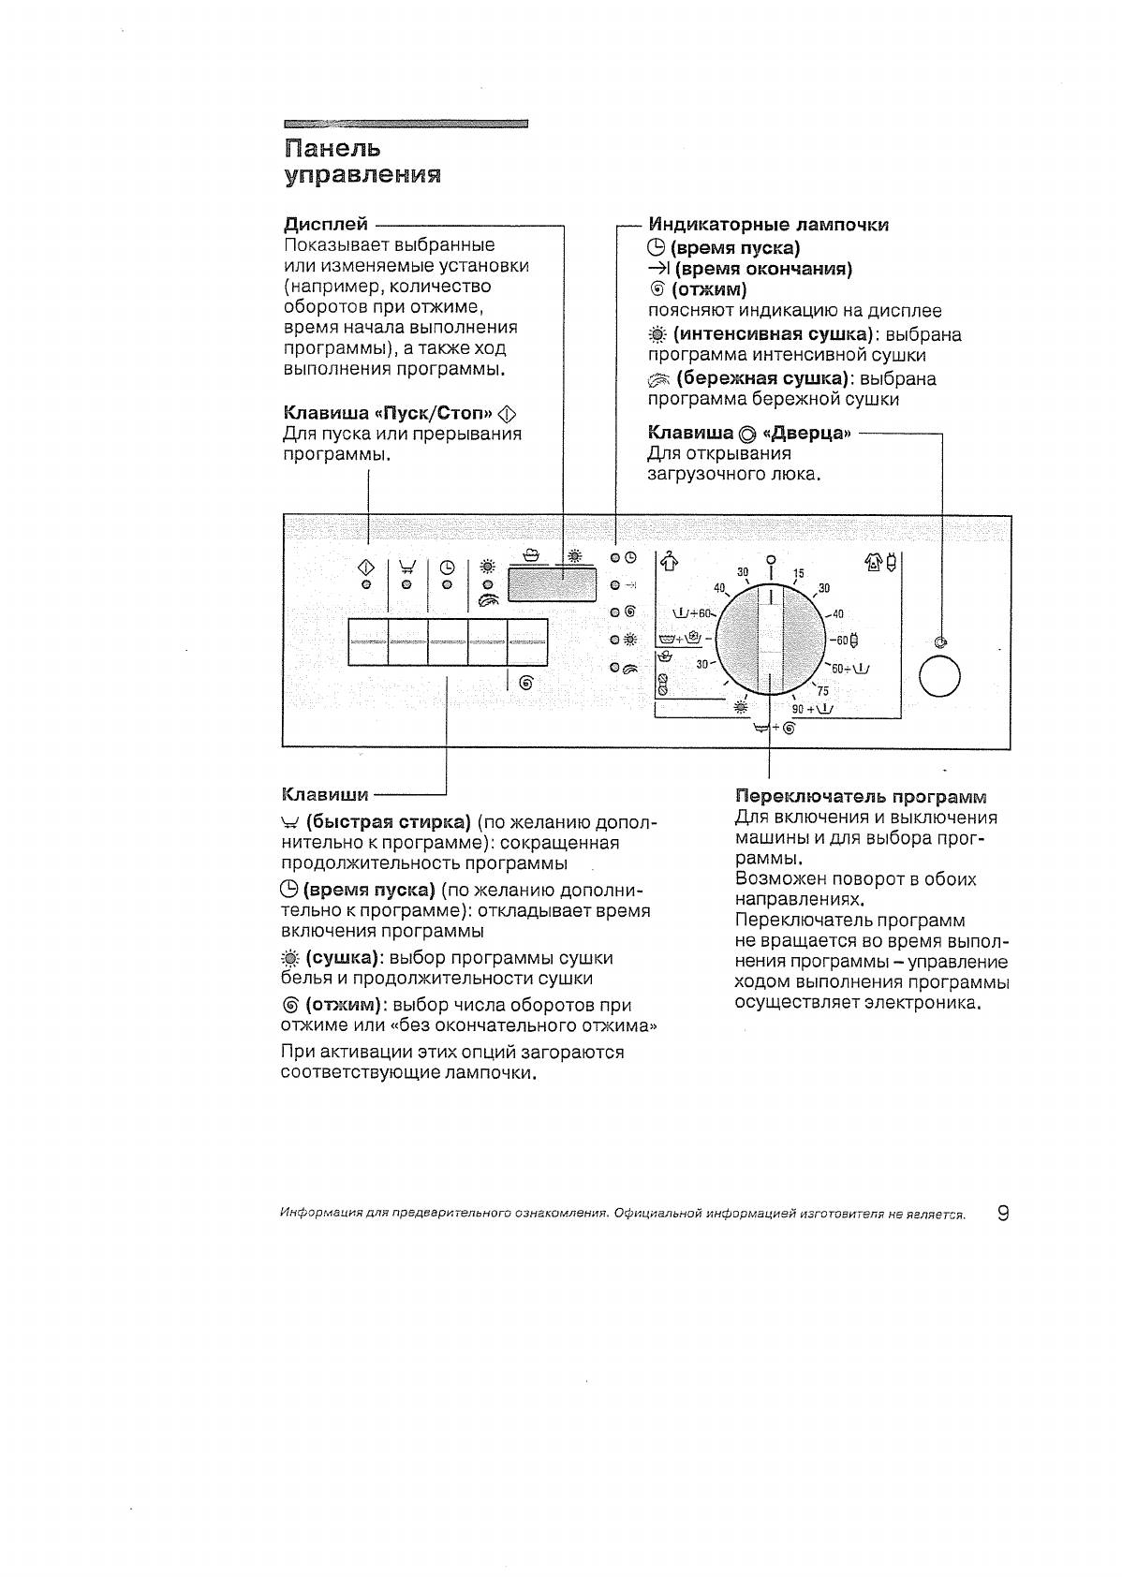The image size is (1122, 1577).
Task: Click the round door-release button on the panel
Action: (x=939, y=678)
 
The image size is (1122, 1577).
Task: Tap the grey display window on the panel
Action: (x=553, y=586)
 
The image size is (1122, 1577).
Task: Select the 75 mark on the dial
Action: (x=822, y=691)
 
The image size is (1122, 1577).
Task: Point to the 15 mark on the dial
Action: (x=799, y=573)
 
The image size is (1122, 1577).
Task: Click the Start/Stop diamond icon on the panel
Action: (x=367, y=567)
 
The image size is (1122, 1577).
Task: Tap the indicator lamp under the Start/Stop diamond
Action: (x=367, y=584)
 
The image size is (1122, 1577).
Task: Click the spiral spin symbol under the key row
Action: (x=525, y=684)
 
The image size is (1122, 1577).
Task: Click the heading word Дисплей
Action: (x=326, y=225)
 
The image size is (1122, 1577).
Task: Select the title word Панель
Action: (x=332, y=148)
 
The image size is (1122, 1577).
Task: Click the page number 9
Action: (x=1003, y=1214)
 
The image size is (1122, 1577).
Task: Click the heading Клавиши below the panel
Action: (x=325, y=795)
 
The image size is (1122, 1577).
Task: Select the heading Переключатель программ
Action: (x=861, y=796)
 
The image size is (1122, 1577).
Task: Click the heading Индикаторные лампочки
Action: (x=768, y=225)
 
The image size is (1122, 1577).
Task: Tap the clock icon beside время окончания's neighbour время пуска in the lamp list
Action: (x=656, y=248)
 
